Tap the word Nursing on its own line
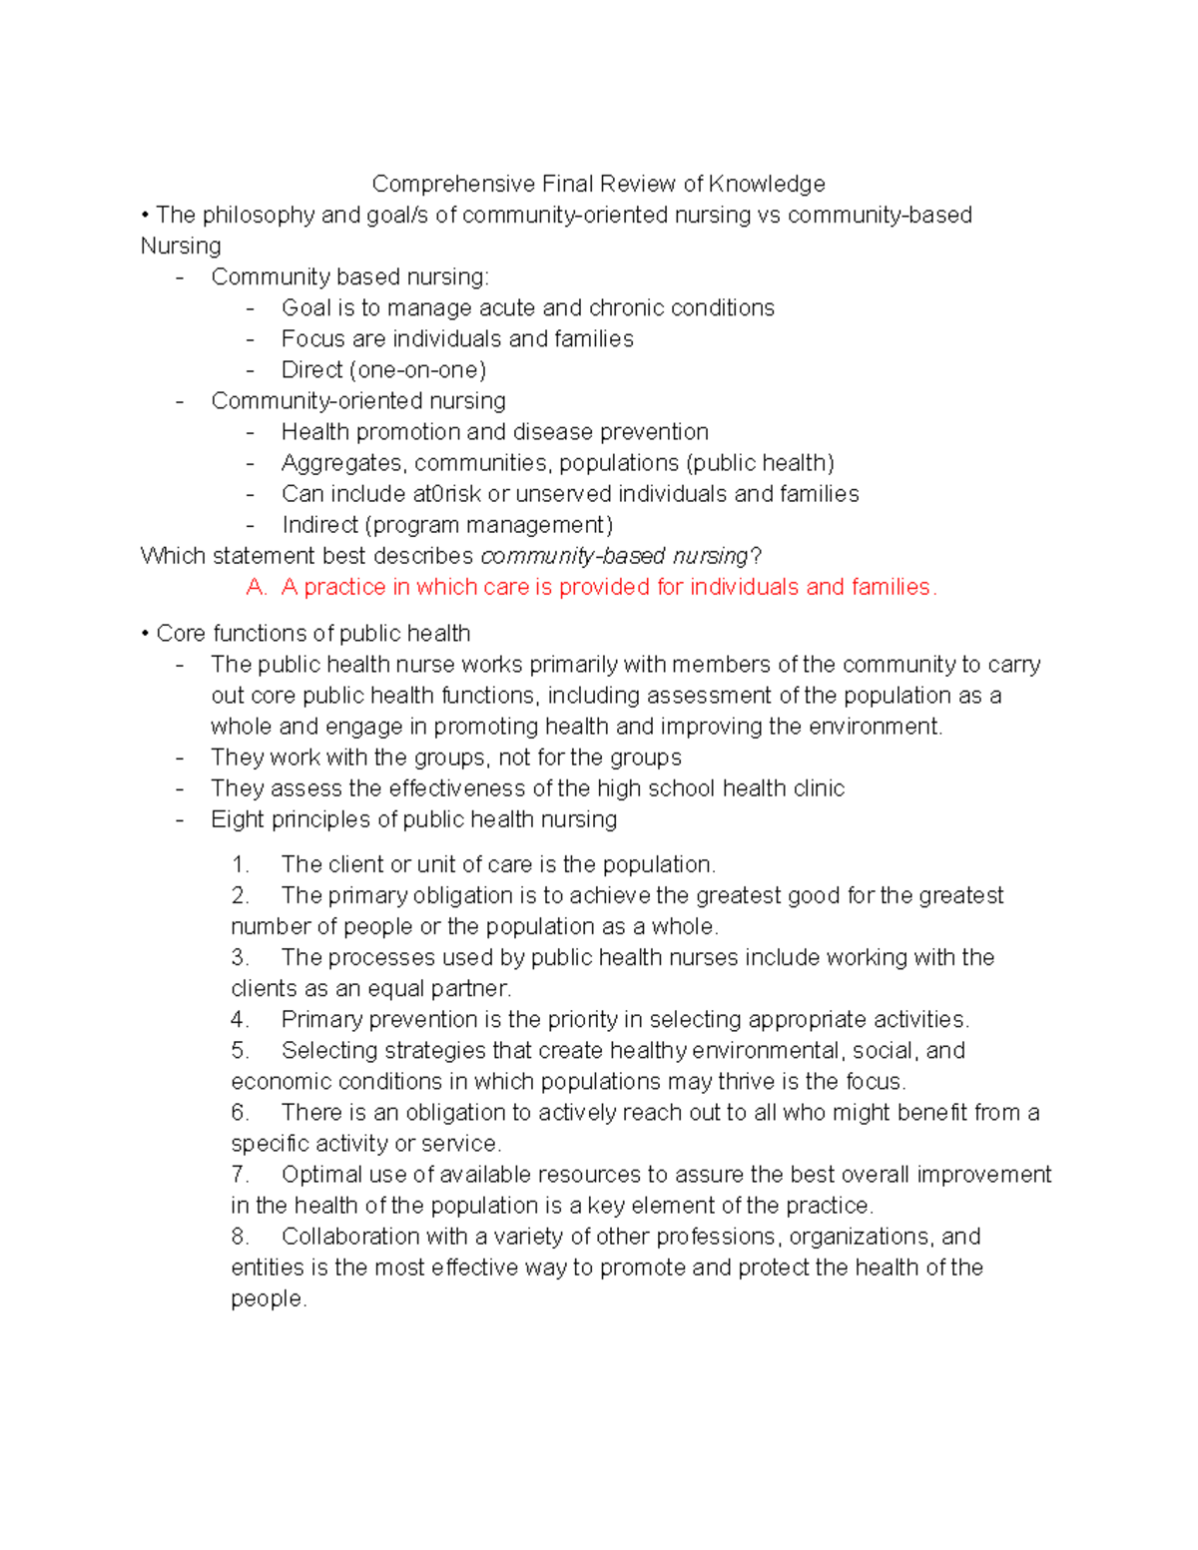tap(181, 246)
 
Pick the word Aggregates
tap(343, 462)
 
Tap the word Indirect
tap(319, 524)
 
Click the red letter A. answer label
tap(257, 587)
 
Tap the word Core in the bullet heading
tap(181, 633)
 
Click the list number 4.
tap(240, 1019)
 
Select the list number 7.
tap(240, 1174)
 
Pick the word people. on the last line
tap(269, 1297)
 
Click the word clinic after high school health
tap(819, 787)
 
